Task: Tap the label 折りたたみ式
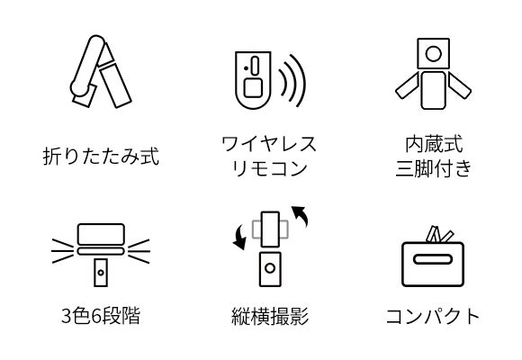click(x=101, y=156)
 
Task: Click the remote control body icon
click(x=253, y=80)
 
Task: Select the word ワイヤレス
click(x=269, y=144)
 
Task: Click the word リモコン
click(x=269, y=168)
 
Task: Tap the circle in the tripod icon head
click(x=434, y=54)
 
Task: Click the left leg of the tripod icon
click(x=407, y=86)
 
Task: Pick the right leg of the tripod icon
click(x=459, y=86)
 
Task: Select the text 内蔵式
click(x=434, y=144)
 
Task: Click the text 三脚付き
click(x=434, y=168)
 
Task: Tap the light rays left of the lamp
click(x=63, y=251)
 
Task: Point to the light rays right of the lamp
click(x=139, y=251)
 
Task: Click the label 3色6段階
click(x=101, y=315)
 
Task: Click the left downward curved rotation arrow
click(x=240, y=237)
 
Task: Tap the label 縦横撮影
click(x=270, y=316)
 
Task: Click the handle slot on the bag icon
click(x=433, y=259)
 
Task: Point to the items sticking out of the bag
click(x=439, y=234)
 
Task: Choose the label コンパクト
click(x=433, y=316)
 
